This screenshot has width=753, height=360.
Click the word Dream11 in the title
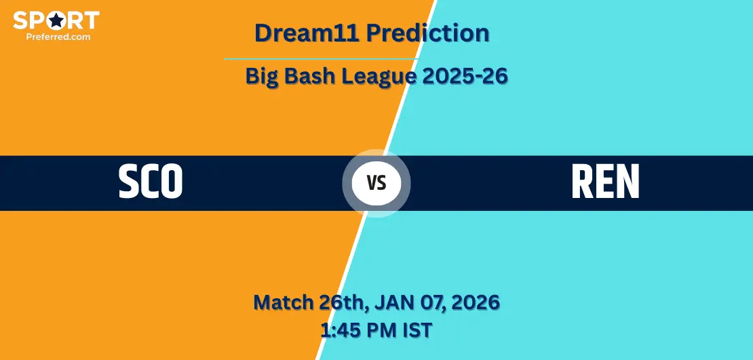(x=308, y=33)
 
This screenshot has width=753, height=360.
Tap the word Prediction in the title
(x=428, y=33)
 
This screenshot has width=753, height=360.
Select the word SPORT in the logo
(x=56, y=20)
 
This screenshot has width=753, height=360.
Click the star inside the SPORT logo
(x=57, y=20)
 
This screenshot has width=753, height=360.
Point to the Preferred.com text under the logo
(x=58, y=36)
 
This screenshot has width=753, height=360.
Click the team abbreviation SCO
(x=151, y=182)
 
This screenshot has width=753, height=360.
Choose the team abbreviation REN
(x=606, y=182)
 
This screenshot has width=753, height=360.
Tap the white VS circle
(x=376, y=183)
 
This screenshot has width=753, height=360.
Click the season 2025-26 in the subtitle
(x=465, y=77)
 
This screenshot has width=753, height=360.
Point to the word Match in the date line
(x=284, y=302)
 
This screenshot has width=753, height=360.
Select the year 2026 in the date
(x=475, y=302)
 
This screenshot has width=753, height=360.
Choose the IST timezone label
(x=417, y=330)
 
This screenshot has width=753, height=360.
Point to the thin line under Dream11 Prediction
(x=321, y=59)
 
